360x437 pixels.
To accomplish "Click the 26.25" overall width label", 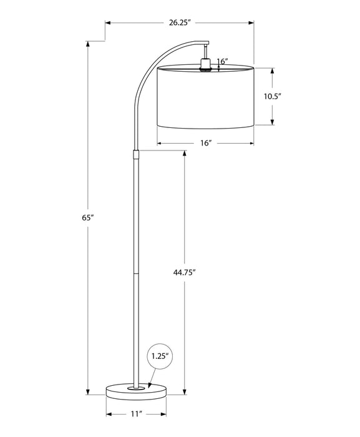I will click(x=179, y=22).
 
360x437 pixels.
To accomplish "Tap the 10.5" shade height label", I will click(x=273, y=96).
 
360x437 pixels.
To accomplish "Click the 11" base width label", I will click(x=137, y=414).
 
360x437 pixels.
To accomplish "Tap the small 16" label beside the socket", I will click(x=222, y=61).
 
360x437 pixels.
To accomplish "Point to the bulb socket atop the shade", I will click(x=205, y=64).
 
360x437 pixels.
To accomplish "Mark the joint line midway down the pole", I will click(x=135, y=273).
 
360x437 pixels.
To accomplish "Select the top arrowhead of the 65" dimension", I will click(x=87, y=44).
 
